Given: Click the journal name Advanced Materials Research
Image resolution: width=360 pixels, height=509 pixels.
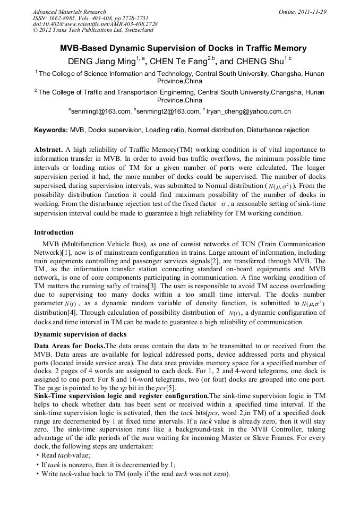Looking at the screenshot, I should [x=69, y=12].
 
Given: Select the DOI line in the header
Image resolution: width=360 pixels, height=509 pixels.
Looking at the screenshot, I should [x=95, y=24].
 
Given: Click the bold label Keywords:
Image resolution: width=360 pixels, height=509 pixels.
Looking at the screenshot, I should [x=51, y=130].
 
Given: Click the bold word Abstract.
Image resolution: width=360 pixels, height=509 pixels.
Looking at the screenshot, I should [x=48, y=150].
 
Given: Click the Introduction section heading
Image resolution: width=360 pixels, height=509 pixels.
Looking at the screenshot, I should [x=54, y=232].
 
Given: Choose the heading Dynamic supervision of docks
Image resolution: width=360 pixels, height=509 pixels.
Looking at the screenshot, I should [x=80, y=334].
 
